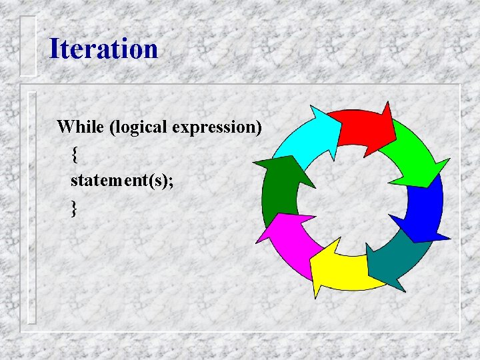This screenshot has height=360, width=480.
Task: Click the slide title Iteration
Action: coord(103,49)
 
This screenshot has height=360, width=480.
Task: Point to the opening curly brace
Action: coord(74,155)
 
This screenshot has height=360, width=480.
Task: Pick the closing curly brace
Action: coord(74,209)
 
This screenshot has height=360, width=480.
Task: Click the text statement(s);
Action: coord(120,181)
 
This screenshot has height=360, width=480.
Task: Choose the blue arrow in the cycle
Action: coord(423,210)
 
